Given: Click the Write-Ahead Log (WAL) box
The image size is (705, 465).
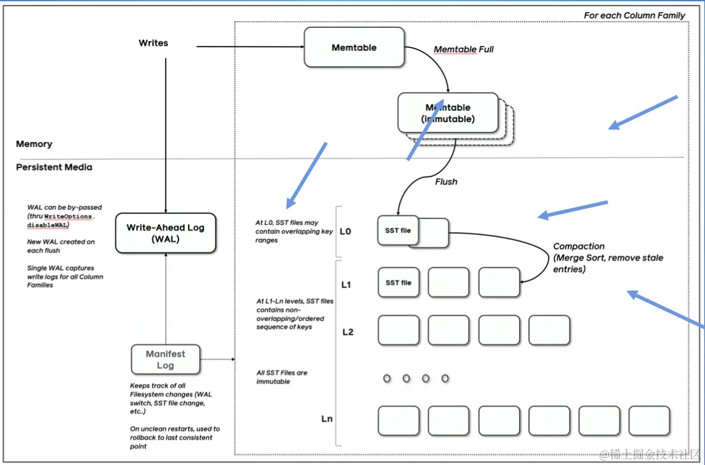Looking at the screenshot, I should [x=166, y=233].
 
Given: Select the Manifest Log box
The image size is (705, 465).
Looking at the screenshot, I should [x=166, y=359].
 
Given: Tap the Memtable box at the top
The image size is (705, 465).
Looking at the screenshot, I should [x=354, y=48].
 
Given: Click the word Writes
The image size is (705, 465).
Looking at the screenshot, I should [x=154, y=43].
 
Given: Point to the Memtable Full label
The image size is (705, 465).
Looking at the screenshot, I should [x=463, y=50].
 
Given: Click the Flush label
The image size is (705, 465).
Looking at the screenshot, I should [x=446, y=182].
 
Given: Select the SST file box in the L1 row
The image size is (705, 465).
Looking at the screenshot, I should [x=398, y=283].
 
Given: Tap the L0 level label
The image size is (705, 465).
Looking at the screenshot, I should [x=345, y=231].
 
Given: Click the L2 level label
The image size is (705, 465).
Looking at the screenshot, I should [x=348, y=332].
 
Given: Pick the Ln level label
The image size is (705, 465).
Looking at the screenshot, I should [x=326, y=419].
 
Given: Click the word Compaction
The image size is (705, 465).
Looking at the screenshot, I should [x=579, y=247].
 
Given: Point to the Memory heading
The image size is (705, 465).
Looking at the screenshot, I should [x=34, y=145].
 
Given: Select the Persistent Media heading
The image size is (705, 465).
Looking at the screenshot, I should [x=54, y=168].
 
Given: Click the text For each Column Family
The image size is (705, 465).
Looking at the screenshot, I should [x=634, y=15].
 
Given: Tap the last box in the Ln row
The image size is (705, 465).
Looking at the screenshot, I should [x=649, y=420].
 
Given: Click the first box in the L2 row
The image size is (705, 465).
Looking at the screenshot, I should [x=398, y=330].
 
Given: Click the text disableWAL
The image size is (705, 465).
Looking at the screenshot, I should [x=48, y=224].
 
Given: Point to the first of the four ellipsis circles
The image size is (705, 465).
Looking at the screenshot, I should [x=387, y=378].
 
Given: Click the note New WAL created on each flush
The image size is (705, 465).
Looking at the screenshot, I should [x=61, y=246].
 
